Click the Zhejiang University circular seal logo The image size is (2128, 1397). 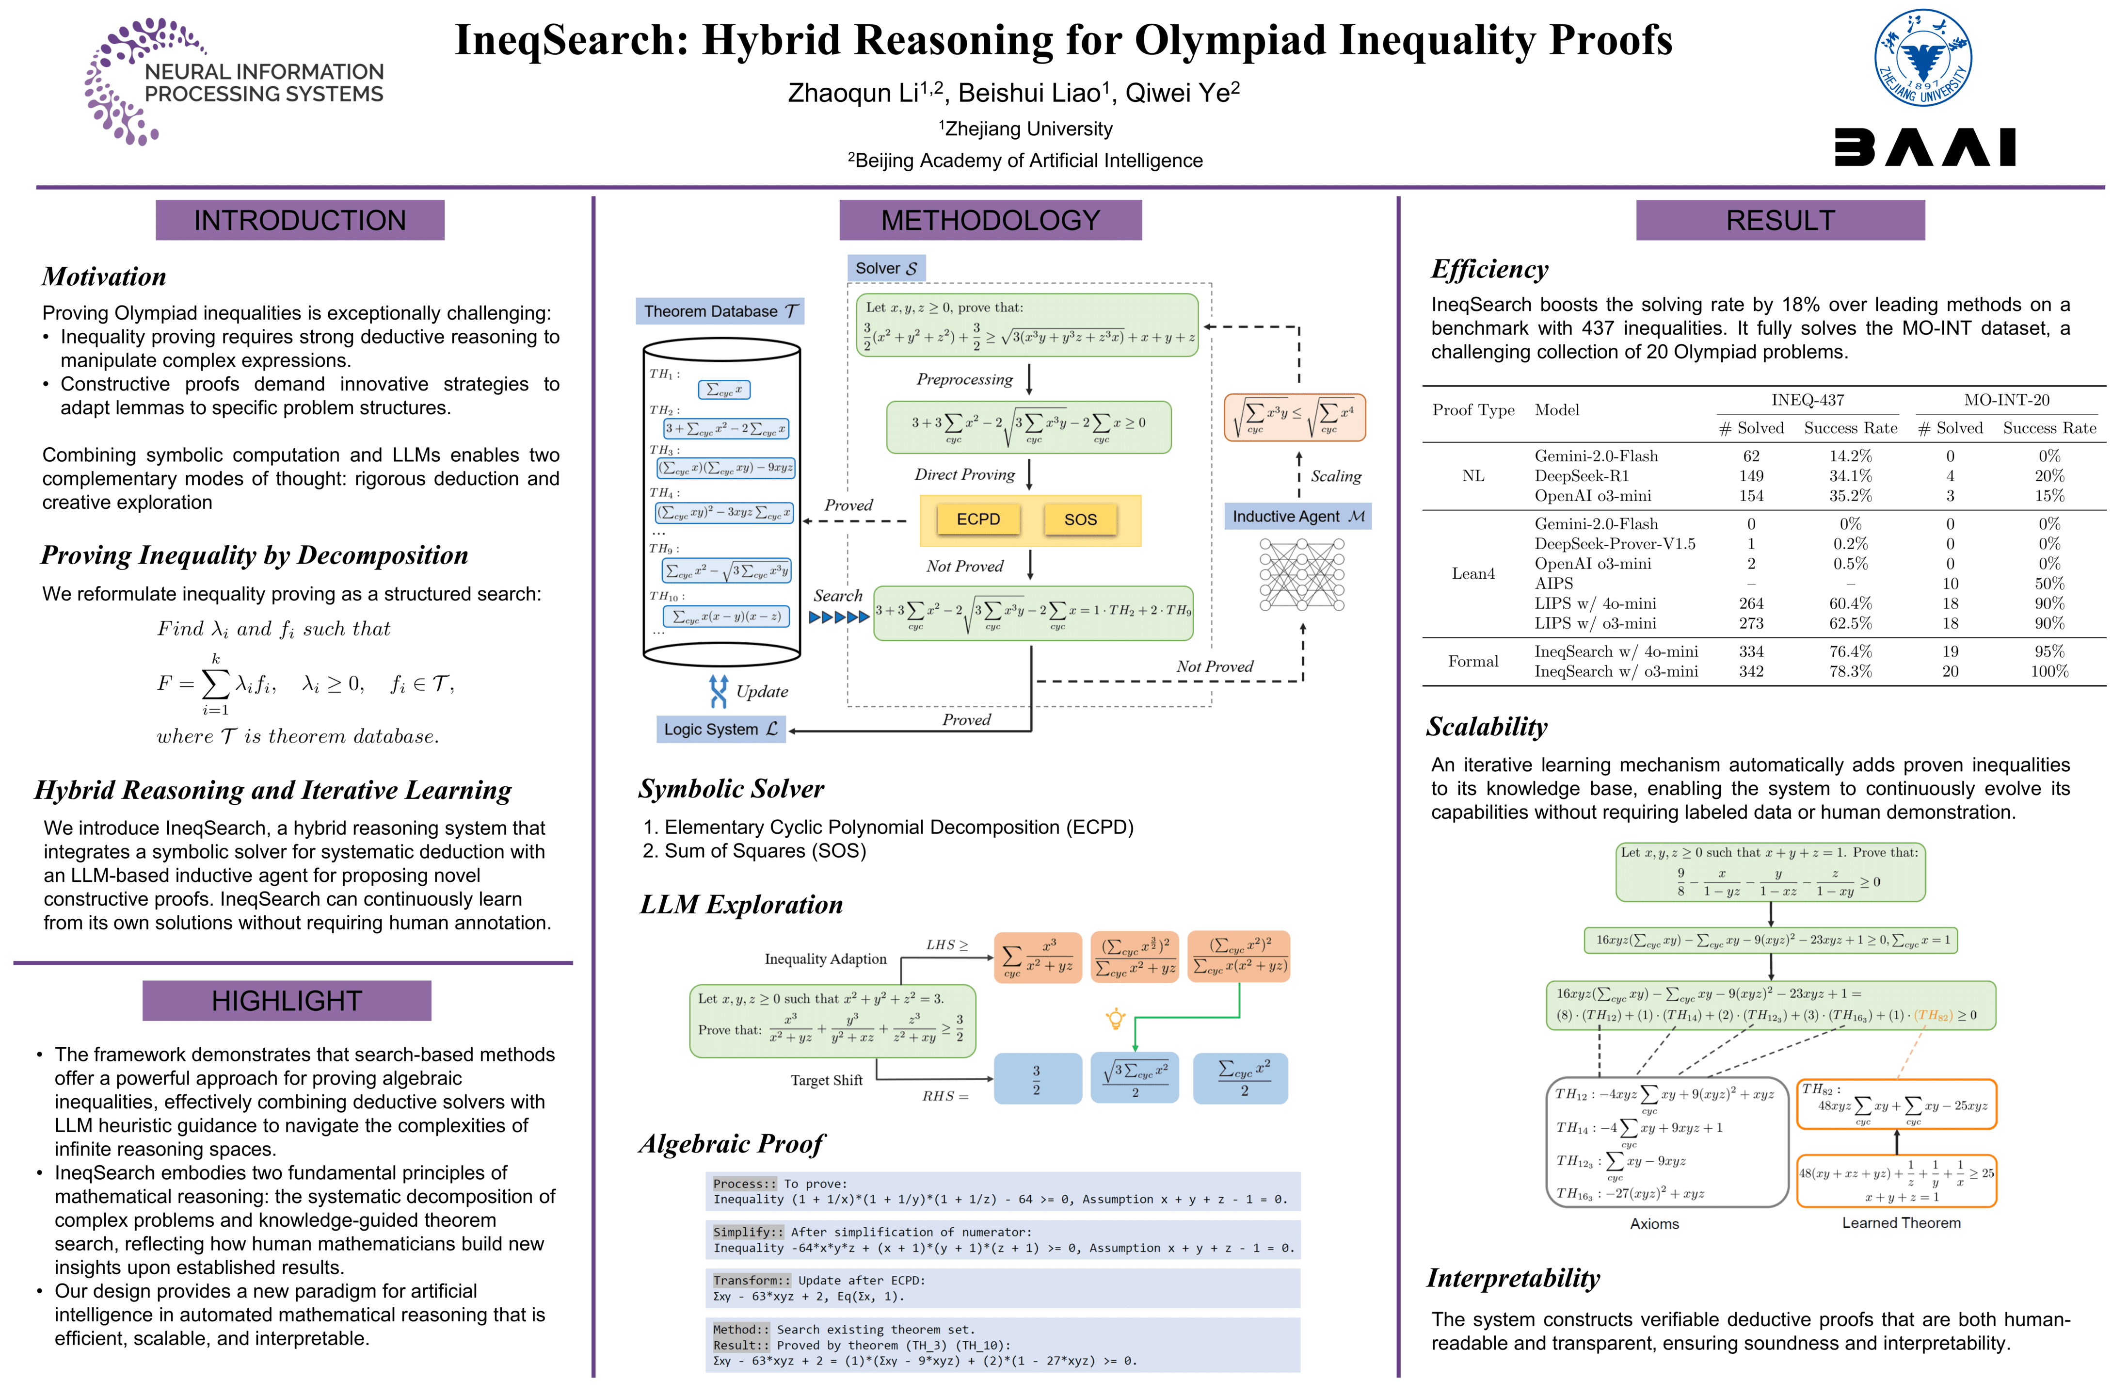tap(1922, 58)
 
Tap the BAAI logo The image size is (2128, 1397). tap(1924, 147)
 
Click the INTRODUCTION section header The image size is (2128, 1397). tap(300, 220)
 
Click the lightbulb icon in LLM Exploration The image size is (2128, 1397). tap(1115, 1018)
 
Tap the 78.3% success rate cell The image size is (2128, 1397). tap(1850, 671)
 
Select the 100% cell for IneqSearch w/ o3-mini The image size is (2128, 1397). tap(2049, 671)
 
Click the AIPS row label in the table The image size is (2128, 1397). tap(1554, 583)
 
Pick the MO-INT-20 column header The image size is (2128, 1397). tap(2006, 400)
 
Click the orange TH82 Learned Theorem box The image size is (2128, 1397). tap(1896, 1105)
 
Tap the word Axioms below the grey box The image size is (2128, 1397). tap(1654, 1223)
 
